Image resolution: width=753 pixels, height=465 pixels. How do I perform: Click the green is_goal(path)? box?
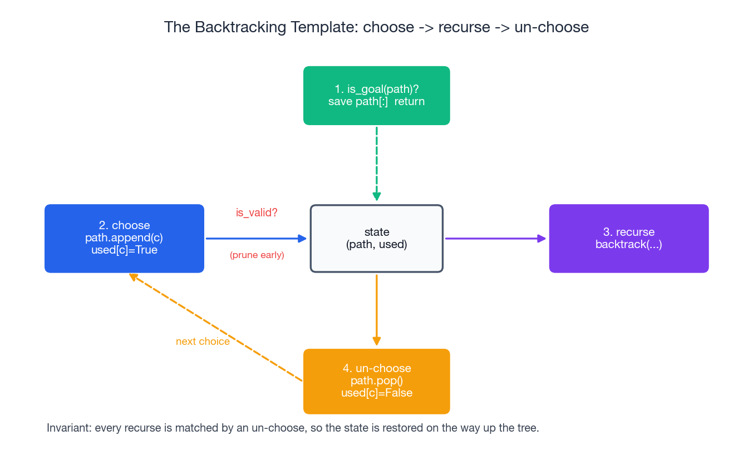[x=376, y=95]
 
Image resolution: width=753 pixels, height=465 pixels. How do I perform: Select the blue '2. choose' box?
[x=124, y=238]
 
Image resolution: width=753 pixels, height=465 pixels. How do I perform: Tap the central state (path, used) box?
[x=376, y=238]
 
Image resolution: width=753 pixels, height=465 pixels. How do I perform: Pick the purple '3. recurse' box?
[x=628, y=238]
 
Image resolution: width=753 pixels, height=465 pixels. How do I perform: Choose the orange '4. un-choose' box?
[x=376, y=381]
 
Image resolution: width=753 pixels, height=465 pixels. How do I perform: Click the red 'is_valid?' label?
[x=257, y=212]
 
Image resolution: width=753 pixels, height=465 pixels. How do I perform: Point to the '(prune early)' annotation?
[x=257, y=255]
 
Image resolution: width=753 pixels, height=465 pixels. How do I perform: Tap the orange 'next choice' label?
[x=203, y=342]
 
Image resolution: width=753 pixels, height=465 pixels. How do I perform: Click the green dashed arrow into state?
[x=377, y=161]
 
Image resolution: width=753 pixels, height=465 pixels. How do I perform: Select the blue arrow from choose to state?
[x=256, y=239]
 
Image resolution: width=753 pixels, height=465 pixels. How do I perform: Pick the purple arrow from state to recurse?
[x=495, y=239]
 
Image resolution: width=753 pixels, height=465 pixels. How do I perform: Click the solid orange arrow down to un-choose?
[x=377, y=309]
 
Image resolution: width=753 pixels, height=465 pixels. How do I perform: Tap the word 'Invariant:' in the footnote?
[x=69, y=428]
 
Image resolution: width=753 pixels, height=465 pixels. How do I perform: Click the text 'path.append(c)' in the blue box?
[x=124, y=238]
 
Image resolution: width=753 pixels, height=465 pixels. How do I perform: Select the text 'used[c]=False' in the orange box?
[x=377, y=393]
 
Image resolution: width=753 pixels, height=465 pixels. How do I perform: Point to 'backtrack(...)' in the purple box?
[x=628, y=244]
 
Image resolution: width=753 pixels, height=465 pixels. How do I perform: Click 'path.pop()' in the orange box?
[x=377, y=380]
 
